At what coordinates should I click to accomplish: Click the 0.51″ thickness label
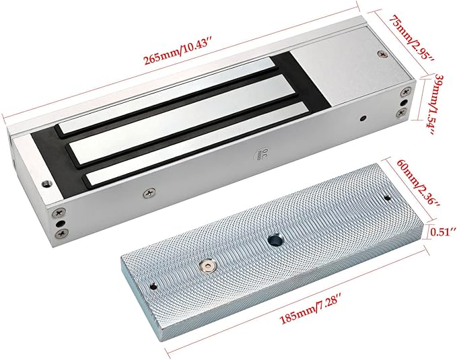click(443, 232)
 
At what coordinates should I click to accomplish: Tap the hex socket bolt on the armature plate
click(207, 266)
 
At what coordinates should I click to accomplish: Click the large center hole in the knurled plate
click(274, 240)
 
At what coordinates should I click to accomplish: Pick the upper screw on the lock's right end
click(405, 92)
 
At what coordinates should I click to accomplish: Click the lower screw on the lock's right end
click(403, 112)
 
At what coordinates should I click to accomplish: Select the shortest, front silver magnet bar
click(197, 145)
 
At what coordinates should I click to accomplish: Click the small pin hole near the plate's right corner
click(388, 199)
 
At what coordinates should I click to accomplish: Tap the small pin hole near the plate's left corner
click(153, 287)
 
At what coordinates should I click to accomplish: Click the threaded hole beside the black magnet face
click(45, 184)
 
